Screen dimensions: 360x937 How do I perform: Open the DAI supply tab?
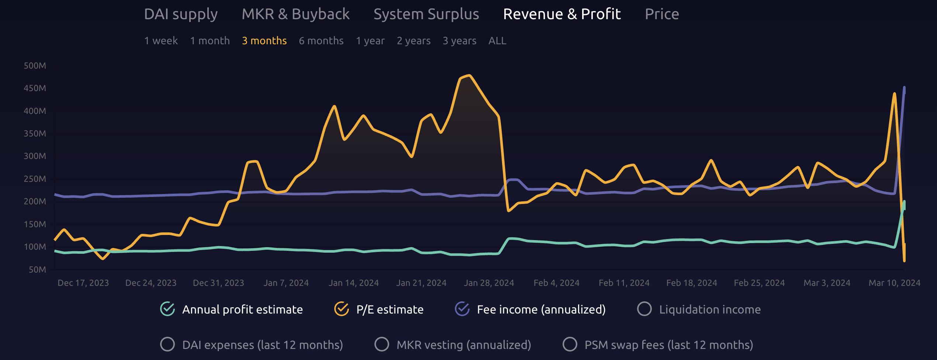click(181, 14)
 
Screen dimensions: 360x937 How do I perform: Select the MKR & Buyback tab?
click(295, 14)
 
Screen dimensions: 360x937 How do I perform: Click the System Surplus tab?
click(426, 14)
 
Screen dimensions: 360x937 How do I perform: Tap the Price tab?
click(662, 14)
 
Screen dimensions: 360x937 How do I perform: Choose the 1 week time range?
click(161, 41)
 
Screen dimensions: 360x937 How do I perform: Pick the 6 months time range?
click(321, 41)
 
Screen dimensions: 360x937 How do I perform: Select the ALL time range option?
click(497, 41)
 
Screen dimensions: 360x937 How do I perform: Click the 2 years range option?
click(414, 41)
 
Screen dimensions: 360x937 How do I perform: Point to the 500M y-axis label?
click(35, 66)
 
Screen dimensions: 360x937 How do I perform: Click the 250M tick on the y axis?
click(35, 179)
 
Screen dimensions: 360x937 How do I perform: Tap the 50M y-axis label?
click(37, 270)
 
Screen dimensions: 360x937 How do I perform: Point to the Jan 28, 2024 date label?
click(489, 283)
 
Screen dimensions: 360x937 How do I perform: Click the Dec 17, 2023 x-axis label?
click(83, 283)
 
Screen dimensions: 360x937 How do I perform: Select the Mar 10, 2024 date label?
click(894, 283)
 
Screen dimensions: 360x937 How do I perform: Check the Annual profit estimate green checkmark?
click(167, 309)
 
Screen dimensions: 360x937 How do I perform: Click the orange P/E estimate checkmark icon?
click(342, 309)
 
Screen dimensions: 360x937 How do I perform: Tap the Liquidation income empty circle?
click(644, 309)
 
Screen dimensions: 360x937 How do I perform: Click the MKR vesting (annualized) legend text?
click(464, 345)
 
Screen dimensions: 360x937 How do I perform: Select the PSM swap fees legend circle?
click(570, 345)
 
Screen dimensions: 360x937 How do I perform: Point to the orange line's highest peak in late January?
click(468, 76)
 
